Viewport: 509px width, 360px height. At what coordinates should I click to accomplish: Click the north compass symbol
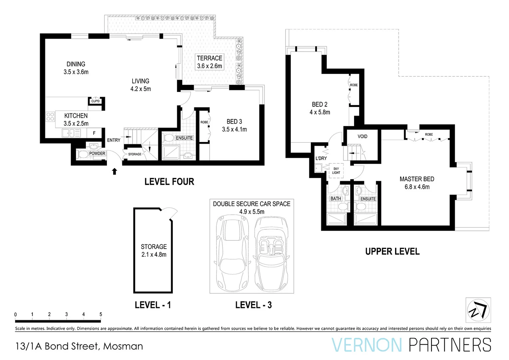pos(478,310)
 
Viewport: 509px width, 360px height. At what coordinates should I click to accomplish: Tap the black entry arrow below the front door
pos(115,171)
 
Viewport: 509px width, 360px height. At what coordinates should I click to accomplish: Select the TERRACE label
pos(210,58)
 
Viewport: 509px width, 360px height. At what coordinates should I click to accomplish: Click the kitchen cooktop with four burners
pos(50,117)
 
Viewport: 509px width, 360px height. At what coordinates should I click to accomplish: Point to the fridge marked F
pos(94,133)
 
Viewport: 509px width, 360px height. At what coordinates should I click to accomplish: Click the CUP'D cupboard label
pos(95,101)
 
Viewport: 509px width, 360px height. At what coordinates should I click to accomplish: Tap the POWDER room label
pos(97,154)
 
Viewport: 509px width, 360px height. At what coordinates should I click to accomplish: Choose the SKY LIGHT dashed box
pos(336,171)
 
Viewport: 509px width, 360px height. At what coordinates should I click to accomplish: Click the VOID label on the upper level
pos(362,136)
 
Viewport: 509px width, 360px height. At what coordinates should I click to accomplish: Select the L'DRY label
pos(321,158)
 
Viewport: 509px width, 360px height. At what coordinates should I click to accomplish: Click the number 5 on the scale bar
pos(101,314)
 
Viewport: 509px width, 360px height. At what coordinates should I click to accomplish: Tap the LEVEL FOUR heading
pos(169,182)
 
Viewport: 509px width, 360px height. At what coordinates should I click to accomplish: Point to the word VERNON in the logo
pos(367,345)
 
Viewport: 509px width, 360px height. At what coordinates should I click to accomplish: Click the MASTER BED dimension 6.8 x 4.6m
pos(417,187)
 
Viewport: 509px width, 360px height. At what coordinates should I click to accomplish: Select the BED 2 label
pos(320,104)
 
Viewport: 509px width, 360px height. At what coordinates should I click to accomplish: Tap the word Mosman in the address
pos(123,346)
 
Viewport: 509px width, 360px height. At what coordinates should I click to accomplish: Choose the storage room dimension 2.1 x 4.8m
pos(154,254)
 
